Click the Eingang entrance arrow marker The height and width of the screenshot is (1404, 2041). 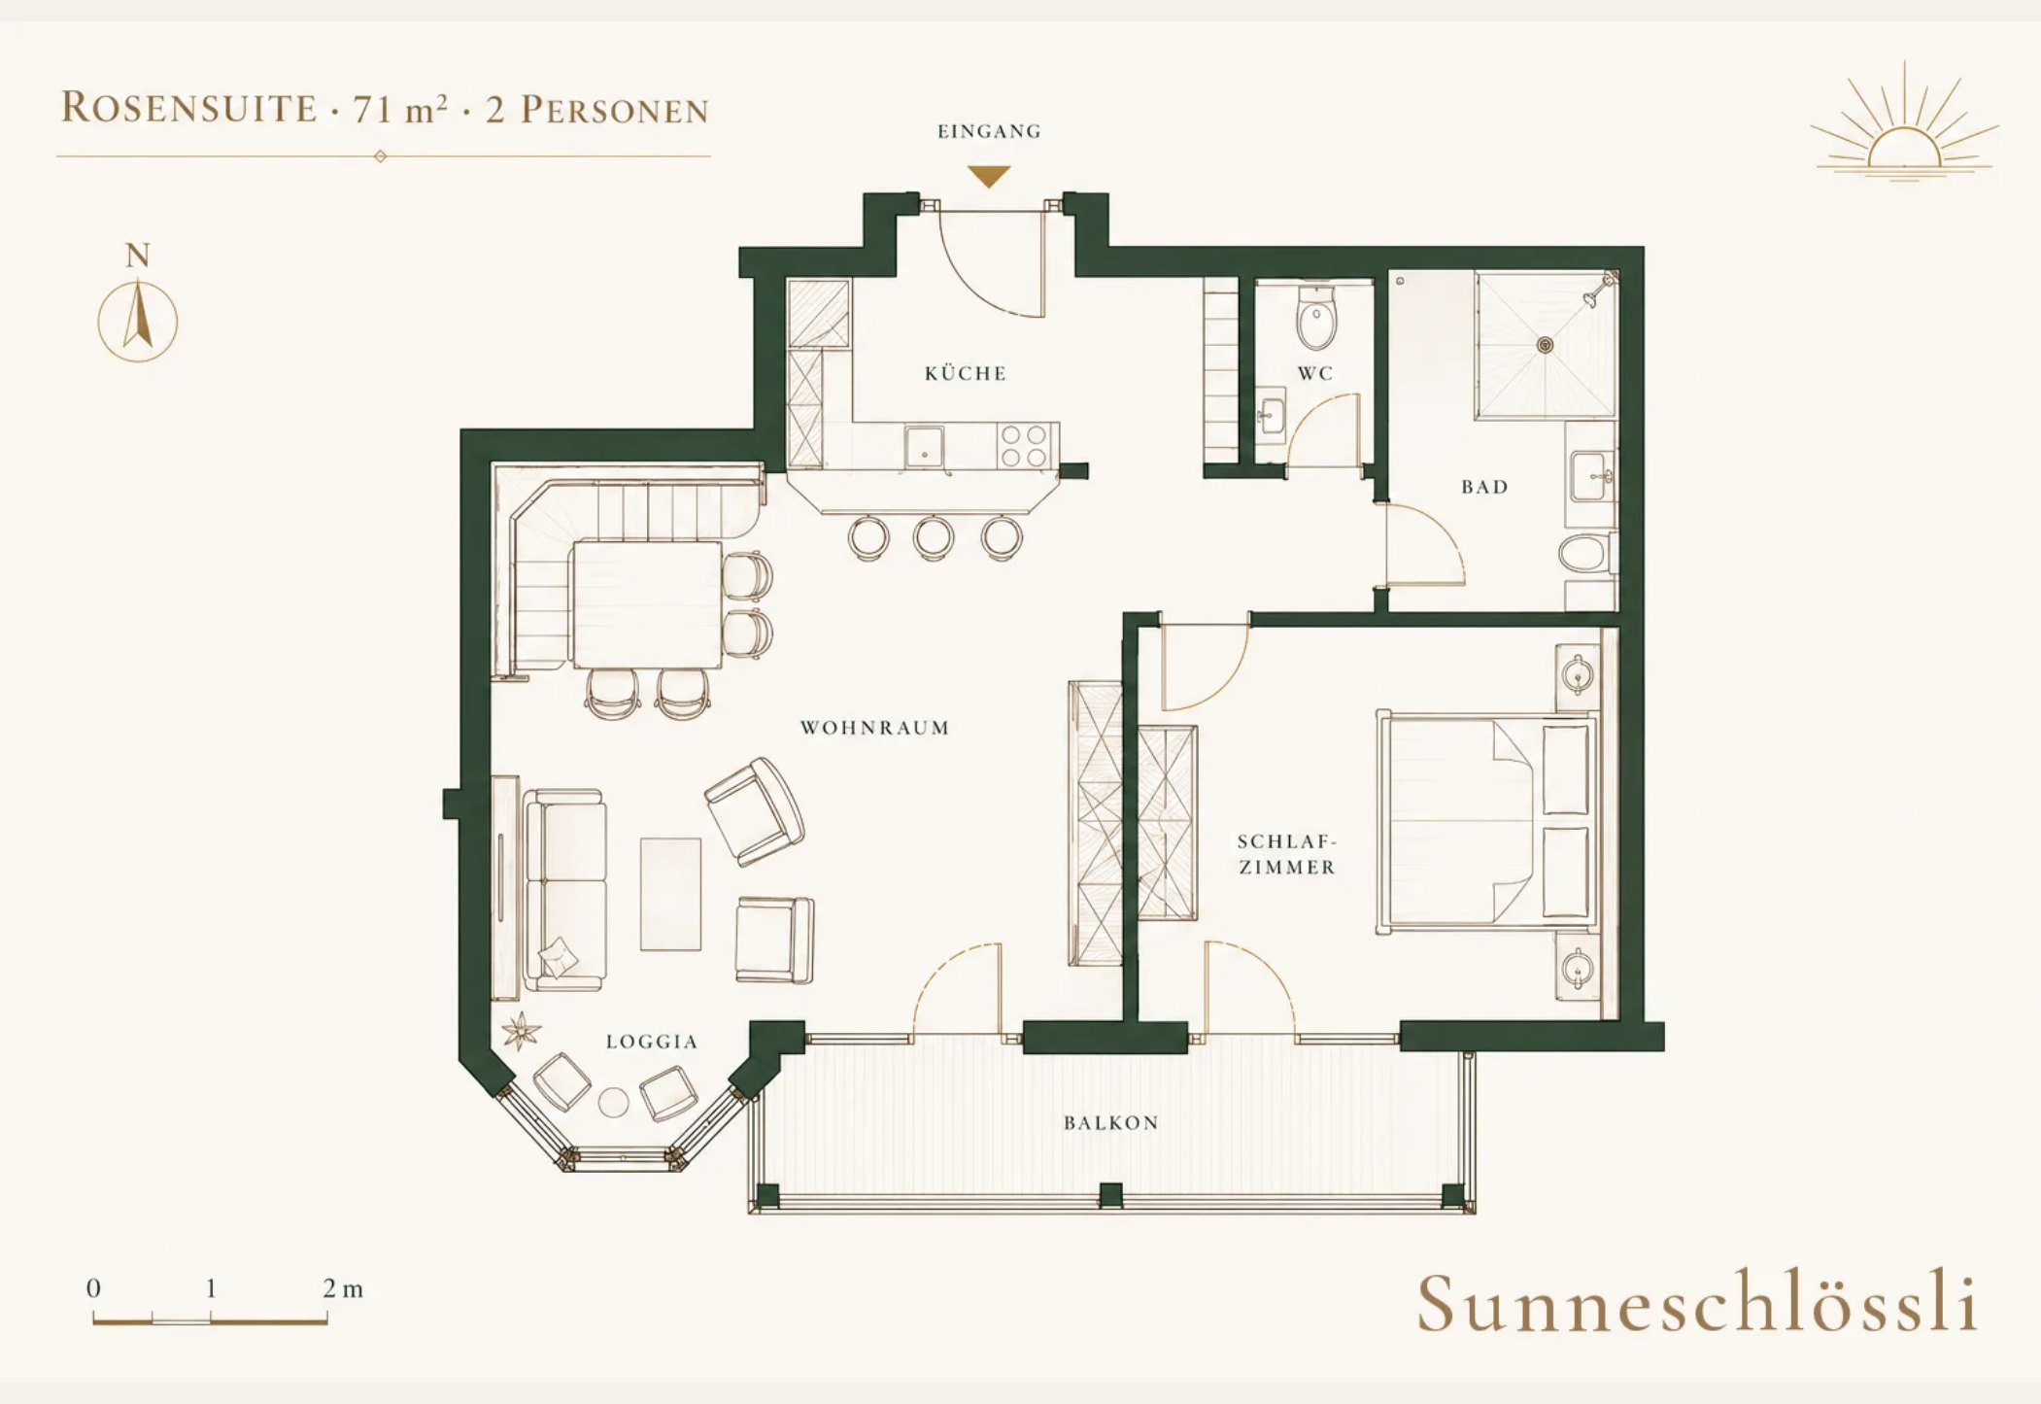[x=989, y=177]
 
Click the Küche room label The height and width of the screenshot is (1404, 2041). [x=966, y=373]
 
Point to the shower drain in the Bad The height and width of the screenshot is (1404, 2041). [x=1545, y=344]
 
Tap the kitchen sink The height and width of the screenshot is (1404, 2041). [x=924, y=447]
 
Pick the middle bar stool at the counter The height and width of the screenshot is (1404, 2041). [x=933, y=537]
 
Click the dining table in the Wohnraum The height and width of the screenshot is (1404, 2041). [x=647, y=604]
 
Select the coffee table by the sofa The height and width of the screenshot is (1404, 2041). [x=670, y=894]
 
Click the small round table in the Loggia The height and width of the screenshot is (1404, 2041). [x=613, y=1103]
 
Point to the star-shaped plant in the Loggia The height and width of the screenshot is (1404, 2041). [x=522, y=1030]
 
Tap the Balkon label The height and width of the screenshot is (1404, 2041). [x=1111, y=1123]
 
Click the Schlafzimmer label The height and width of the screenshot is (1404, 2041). [x=1287, y=854]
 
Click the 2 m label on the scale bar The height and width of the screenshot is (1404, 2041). [x=343, y=1289]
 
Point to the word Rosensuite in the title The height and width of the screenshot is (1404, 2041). [x=189, y=107]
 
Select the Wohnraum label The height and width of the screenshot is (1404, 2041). [x=874, y=728]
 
